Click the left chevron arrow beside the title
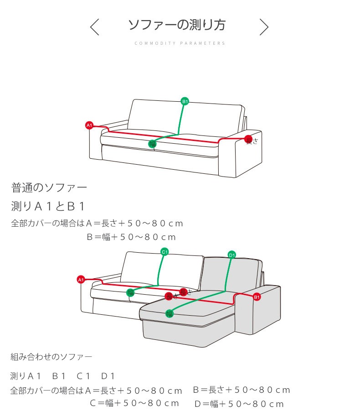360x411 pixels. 94,27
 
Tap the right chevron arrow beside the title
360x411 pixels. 264,27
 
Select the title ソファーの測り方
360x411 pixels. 177,25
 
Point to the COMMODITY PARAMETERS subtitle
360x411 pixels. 180,43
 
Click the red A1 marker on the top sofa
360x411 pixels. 89,125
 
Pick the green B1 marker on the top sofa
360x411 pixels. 185,101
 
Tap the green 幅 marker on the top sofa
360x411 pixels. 152,144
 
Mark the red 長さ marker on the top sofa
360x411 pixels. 248,139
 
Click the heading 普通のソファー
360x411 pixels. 49,187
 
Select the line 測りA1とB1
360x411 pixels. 48,206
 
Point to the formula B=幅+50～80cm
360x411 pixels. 131,237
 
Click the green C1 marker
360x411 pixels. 165,251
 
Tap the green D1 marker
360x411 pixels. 231,255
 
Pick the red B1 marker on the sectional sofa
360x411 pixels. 257,297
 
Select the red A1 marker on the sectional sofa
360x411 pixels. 81,279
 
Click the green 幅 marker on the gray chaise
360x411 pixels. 170,313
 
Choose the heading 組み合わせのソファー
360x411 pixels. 51,356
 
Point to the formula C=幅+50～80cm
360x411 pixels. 134,403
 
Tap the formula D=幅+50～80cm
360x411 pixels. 239,404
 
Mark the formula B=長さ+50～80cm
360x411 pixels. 242,390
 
